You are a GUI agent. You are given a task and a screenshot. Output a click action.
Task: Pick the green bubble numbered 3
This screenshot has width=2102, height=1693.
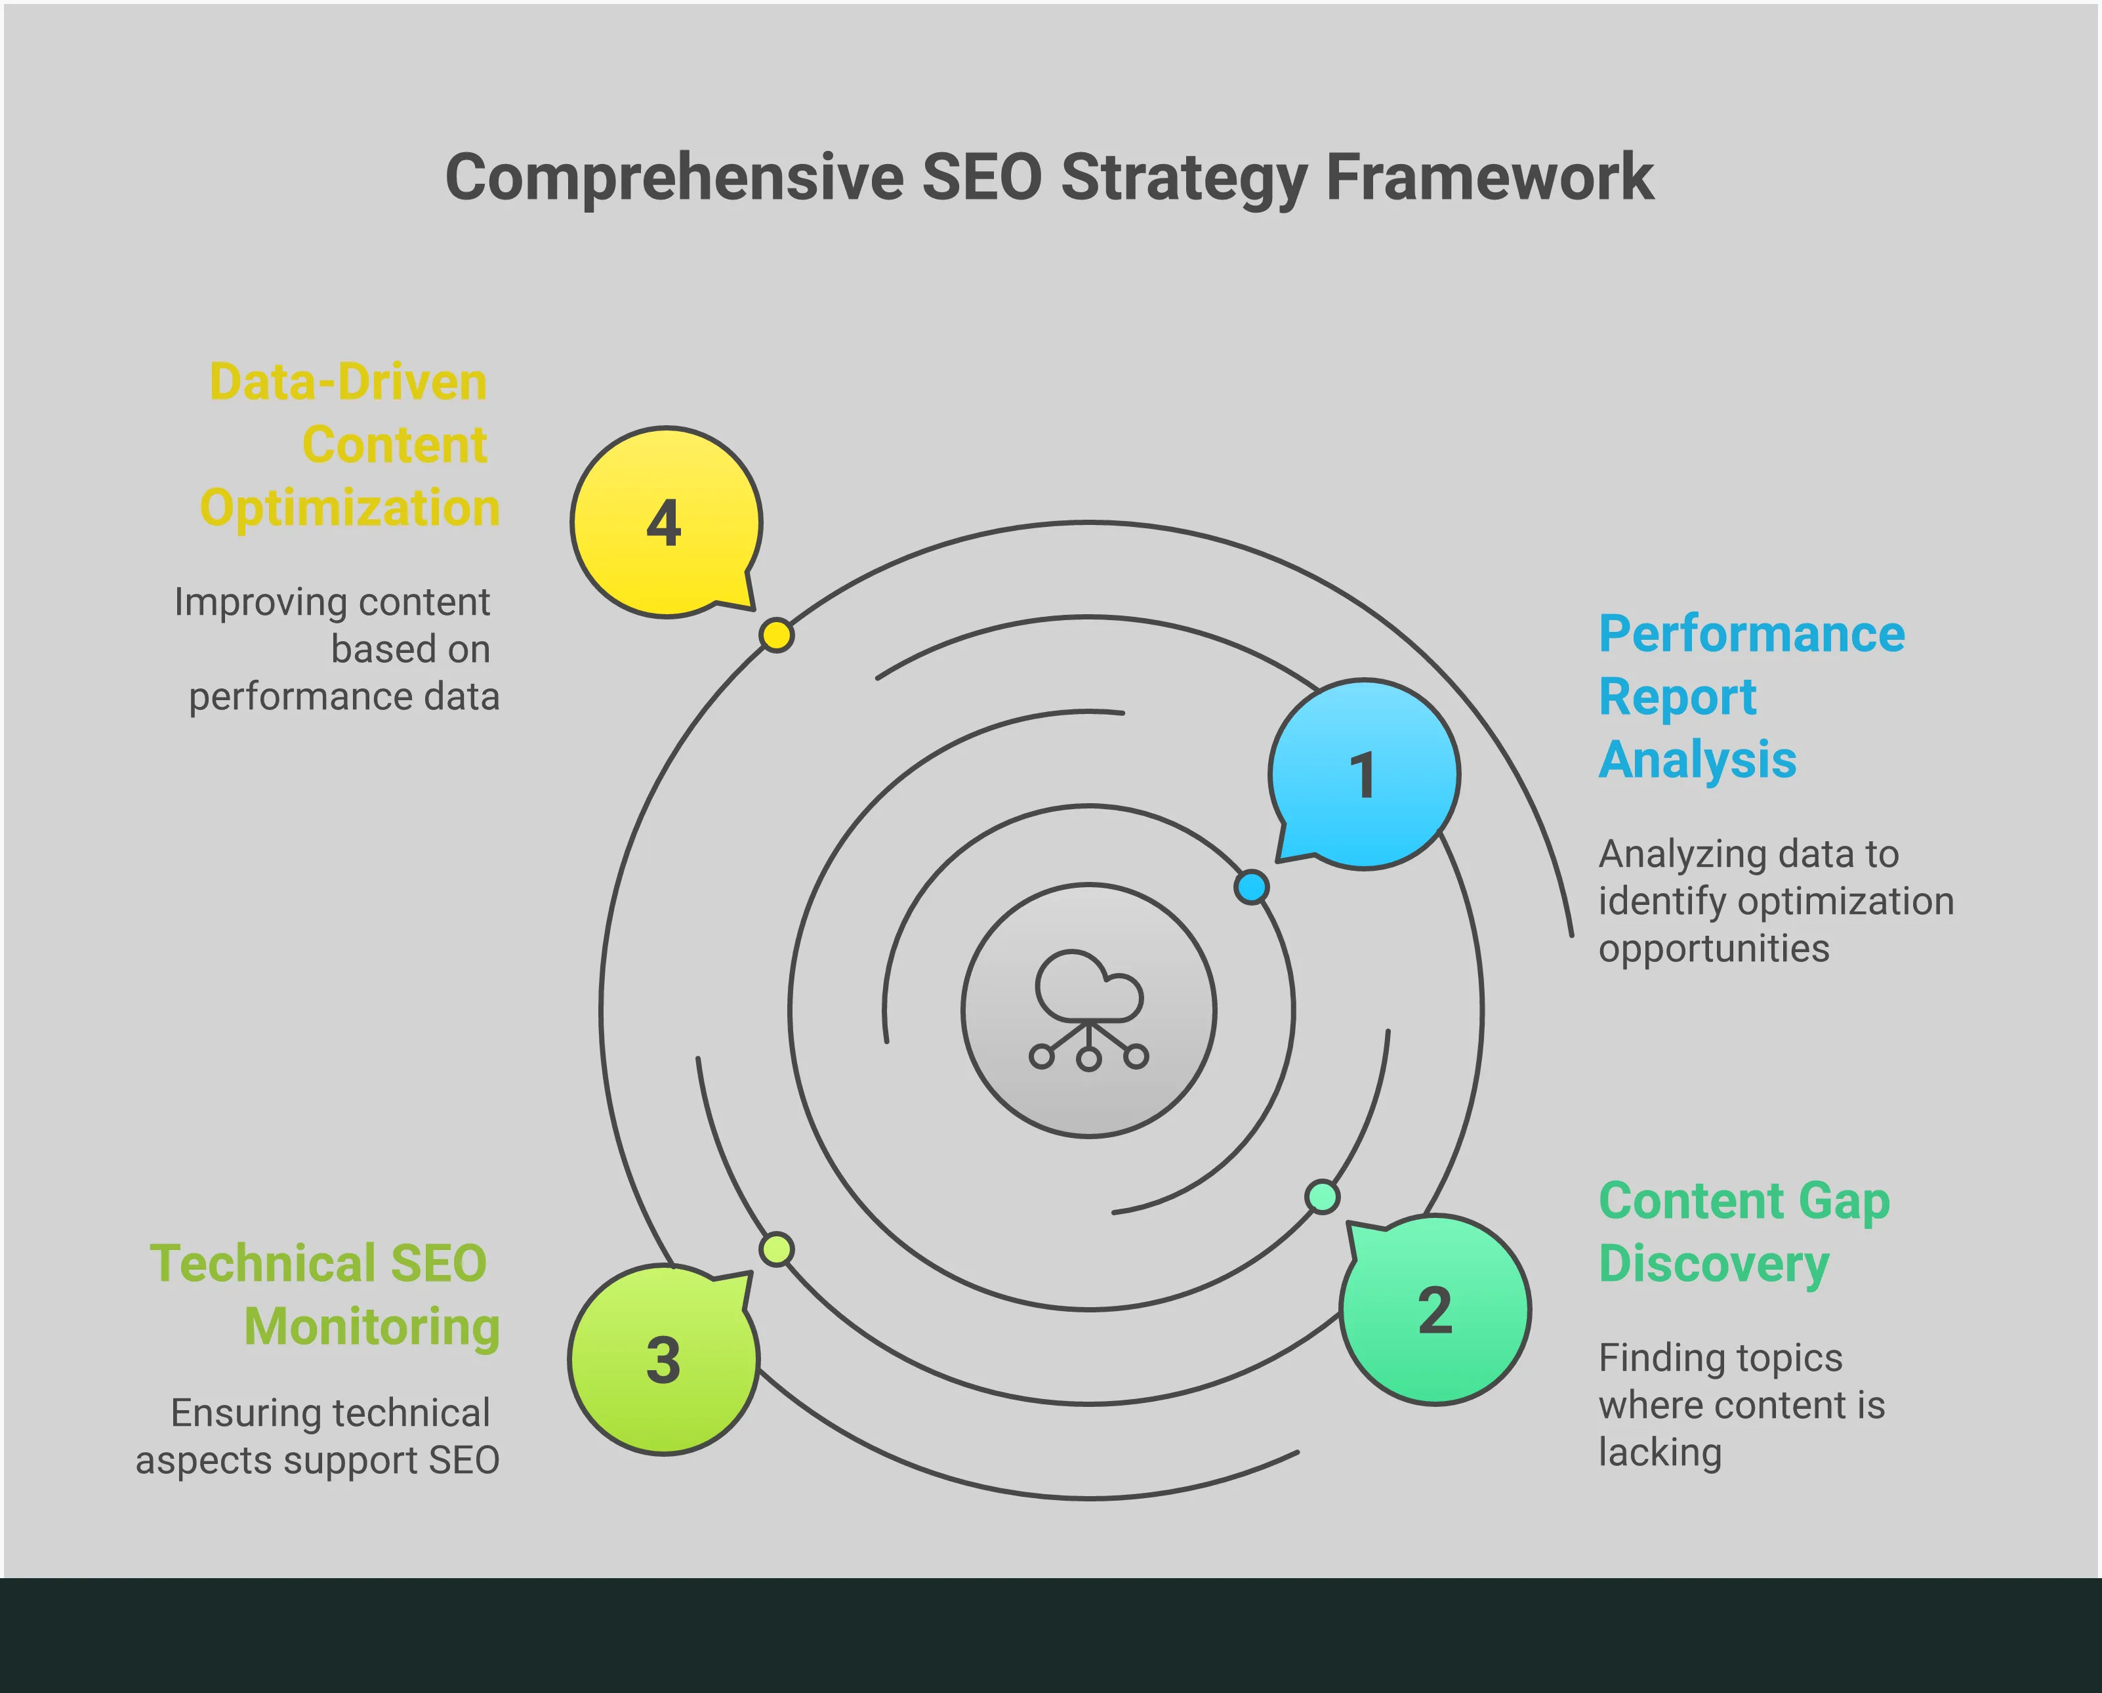point(663,1360)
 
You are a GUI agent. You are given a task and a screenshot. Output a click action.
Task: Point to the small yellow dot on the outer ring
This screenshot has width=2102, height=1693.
point(776,635)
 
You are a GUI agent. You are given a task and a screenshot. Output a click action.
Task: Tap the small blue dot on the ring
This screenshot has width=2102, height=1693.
point(1251,887)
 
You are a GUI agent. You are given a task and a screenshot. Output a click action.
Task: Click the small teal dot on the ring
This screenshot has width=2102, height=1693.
point(1322,1197)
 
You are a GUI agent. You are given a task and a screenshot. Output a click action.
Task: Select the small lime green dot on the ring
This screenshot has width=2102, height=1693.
point(776,1249)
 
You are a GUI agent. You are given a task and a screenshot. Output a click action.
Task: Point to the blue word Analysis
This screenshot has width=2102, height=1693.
point(1697,760)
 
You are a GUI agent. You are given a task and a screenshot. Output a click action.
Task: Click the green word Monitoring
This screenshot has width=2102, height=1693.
point(371,1326)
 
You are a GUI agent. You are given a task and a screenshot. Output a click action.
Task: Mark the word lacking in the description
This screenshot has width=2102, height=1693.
point(1659,1452)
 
